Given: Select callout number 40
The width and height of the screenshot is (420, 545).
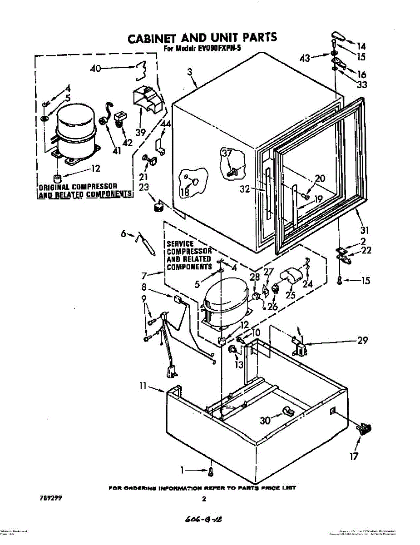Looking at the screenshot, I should (95, 69).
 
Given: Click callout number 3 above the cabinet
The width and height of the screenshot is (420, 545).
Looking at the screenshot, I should (189, 71).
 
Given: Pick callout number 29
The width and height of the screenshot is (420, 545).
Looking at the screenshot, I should (362, 341).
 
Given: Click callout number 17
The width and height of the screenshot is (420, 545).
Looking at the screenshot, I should (354, 456).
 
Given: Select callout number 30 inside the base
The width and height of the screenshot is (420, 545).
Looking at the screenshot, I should (265, 421).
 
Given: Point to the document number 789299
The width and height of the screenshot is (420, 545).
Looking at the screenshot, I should (50, 498).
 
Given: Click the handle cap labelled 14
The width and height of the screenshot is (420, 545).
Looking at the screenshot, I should (337, 35).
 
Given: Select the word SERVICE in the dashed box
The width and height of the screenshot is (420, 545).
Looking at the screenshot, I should (180, 244).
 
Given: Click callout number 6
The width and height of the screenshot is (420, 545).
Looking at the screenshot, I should (123, 233).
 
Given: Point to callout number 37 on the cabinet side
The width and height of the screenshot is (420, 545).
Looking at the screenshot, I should (227, 154).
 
